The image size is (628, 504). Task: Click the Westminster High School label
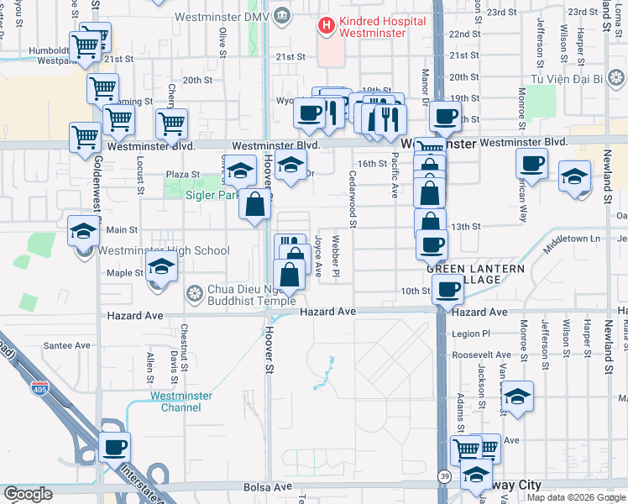[x=163, y=250]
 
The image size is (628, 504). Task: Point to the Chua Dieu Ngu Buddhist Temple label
[x=243, y=294]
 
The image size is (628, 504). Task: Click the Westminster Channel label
[x=175, y=402]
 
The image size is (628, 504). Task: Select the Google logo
[x=28, y=494]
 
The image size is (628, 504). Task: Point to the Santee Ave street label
[x=67, y=345]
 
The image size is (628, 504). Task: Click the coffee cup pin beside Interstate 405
[x=114, y=446]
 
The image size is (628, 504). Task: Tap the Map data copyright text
[x=576, y=497]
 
